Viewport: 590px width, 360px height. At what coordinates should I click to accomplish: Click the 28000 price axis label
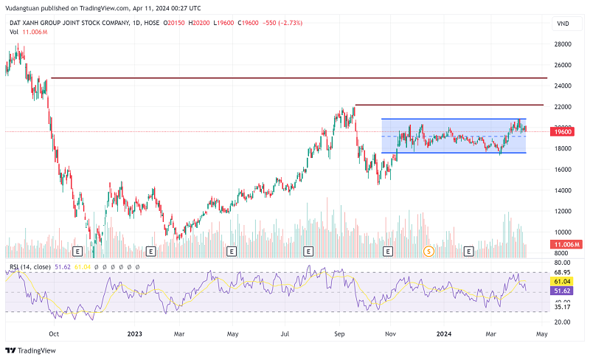tap(563, 44)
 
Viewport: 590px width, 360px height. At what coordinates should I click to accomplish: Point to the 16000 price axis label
tap(563, 170)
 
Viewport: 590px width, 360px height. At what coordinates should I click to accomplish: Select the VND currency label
tap(563, 24)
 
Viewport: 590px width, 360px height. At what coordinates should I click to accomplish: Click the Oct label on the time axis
tap(52, 333)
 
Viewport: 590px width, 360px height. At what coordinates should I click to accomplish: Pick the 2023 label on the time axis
tap(134, 333)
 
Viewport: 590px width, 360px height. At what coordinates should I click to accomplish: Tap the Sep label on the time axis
tap(340, 333)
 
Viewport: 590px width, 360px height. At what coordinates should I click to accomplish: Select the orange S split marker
tap(428, 251)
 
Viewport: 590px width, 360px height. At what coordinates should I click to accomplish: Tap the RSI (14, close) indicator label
tap(29, 266)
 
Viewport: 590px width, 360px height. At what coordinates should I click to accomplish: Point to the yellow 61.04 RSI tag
tap(563, 282)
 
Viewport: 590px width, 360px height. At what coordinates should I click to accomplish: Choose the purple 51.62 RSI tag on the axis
tap(563, 292)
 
